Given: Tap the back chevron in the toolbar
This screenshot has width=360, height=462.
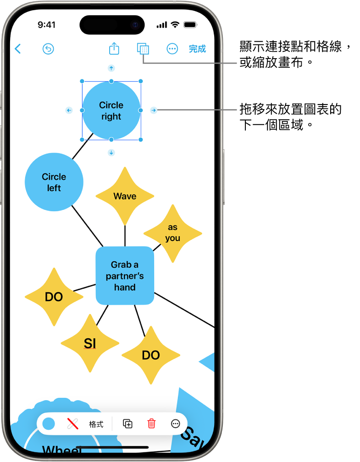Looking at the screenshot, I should coord(18,49).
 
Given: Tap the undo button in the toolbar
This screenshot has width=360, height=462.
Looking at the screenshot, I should coord(48,49).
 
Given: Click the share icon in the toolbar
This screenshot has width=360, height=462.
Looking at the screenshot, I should coord(114,49).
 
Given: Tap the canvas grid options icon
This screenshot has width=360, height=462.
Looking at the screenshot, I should coord(143,49).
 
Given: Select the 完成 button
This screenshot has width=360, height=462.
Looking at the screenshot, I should coord(198,49).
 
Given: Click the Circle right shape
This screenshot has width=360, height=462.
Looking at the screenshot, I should coord(111,110).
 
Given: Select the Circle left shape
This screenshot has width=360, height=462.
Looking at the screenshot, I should coord(54,182).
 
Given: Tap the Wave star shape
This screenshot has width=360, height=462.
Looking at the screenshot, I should coord(125,196).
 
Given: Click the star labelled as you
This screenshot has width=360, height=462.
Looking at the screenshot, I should coord(173,233).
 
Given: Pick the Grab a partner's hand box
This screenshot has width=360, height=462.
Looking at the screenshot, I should coord(125,276).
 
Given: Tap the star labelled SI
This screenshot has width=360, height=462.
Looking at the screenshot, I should coord(90,343).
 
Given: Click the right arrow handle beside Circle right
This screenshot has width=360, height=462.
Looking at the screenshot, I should coord(154,110).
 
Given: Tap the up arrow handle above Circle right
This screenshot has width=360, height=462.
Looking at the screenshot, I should coord(111,68).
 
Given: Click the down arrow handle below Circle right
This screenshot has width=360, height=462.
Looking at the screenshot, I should coord(111,153).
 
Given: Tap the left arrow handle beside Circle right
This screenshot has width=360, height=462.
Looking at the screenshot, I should coord(68,110).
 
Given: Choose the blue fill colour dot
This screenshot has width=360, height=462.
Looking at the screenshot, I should coord(49,424).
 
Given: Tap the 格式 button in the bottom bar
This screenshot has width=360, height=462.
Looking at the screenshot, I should coord(96,424).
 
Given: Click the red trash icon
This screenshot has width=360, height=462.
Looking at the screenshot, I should coord(151,424).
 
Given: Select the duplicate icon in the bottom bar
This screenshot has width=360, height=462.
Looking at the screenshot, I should coord(128,424).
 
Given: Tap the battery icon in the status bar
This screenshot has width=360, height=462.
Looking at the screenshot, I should coord(189,25).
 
